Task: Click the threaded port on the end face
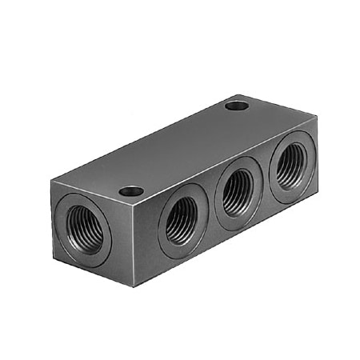coord(83,229)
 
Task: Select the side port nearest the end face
coord(183,219)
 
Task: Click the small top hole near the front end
coord(131,191)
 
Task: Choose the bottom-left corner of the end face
coord(50,257)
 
